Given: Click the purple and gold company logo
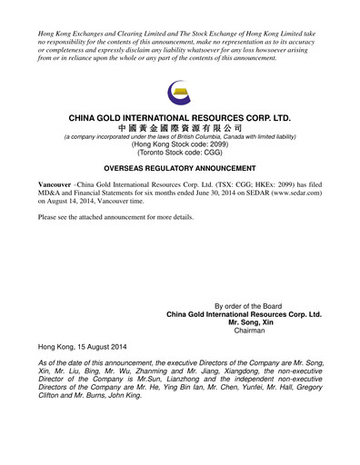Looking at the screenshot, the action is pos(180,95).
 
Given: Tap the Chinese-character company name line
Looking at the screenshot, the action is pos(180,129).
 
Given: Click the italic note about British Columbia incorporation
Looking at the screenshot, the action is pos(180,137).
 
